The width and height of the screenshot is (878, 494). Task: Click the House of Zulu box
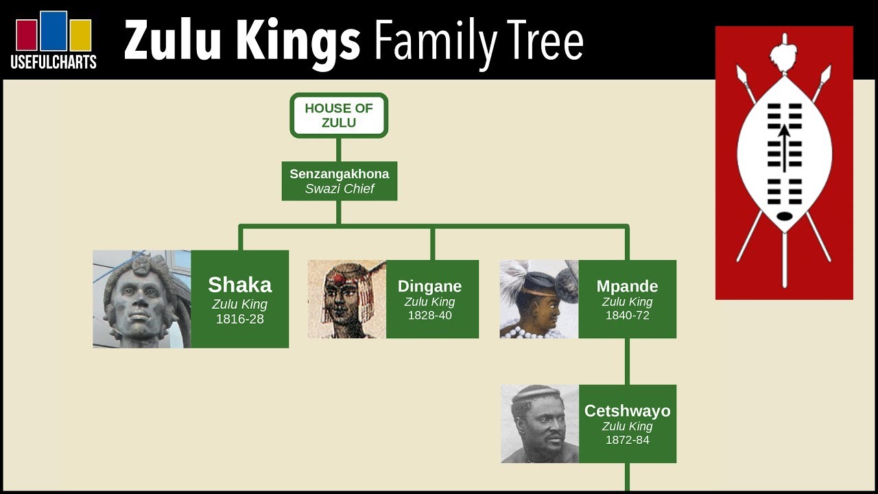(x=339, y=115)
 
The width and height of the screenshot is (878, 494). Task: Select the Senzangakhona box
(x=340, y=181)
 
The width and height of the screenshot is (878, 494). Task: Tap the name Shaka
(x=240, y=285)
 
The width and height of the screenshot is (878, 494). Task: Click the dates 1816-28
(x=240, y=319)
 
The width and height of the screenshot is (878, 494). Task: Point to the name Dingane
(x=429, y=286)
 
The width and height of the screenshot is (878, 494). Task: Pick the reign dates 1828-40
(x=430, y=315)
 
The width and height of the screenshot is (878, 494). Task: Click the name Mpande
(x=627, y=286)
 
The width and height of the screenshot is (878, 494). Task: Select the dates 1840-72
(x=628, y=315)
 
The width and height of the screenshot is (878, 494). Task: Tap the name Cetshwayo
(x=628, y=411)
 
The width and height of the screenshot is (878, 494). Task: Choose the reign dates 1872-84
(x=628, y=440)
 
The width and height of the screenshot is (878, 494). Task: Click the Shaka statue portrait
(x=142, y=299)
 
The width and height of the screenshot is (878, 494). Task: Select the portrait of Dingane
(x=347, y=299)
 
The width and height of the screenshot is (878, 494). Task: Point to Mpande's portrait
(x=539, y=299)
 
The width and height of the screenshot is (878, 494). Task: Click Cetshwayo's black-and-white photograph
(x=540, y=424)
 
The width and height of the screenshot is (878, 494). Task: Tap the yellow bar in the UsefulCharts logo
(x=81, y=35)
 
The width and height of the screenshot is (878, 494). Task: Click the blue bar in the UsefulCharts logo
(x=54, y=31)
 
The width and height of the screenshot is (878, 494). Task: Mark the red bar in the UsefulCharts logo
(x=27, y=35)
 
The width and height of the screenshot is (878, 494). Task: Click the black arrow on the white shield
(x=784, y=148)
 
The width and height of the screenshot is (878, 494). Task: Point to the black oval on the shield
(x=784, y=216)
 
